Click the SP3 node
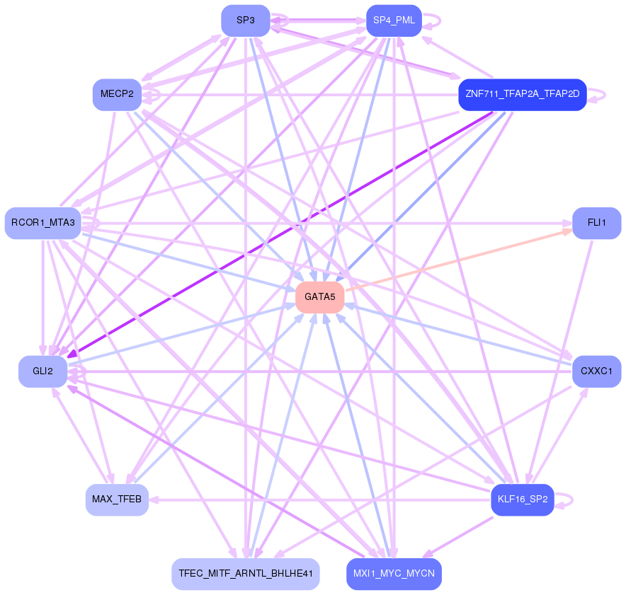(246, 21)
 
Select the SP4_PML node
(394, 21)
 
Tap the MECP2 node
(117, 95)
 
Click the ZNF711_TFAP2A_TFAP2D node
(523, 95)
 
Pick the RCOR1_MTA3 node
(42, 223)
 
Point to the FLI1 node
(597, 223)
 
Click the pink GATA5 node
(320, 297)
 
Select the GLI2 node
(42, 371)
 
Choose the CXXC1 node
(597, 371)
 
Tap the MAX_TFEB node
(117, 499)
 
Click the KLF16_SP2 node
(523, 499)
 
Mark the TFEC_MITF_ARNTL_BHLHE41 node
(246, 574)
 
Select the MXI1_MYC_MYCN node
(394, 574)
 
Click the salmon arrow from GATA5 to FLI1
(458, 260)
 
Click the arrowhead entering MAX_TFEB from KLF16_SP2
(154, 499)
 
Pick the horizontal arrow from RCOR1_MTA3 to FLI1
(326, 223)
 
